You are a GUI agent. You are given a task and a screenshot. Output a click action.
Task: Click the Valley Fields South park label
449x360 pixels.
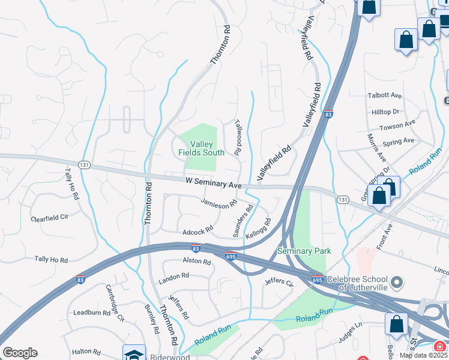[x=201, y=148]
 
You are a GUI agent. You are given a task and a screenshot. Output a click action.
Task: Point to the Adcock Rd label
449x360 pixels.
[x=198, y=230]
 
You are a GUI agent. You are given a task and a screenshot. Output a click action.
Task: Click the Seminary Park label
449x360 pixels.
[x=304, y=251]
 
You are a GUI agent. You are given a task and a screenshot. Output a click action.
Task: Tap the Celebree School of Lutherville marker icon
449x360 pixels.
[x=396, y=281]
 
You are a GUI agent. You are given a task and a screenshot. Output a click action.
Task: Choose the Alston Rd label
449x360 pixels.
[x=196, y=262]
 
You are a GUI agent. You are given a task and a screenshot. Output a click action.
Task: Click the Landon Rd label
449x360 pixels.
[x=173, y=277]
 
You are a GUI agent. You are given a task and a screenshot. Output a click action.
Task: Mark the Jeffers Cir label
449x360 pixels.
[x=278, y=281]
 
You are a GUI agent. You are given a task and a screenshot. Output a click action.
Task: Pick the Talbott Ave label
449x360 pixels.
[x=384, y=95]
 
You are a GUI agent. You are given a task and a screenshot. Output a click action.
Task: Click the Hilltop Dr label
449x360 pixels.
[x=385, y=112]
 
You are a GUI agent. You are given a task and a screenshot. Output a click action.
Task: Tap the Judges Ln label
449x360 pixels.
[x=351, y=333]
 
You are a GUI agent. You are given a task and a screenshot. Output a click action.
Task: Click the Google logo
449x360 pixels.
[x=20, y=353]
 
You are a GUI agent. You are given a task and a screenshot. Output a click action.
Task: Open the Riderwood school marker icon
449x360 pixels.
[x=134, y=353]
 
